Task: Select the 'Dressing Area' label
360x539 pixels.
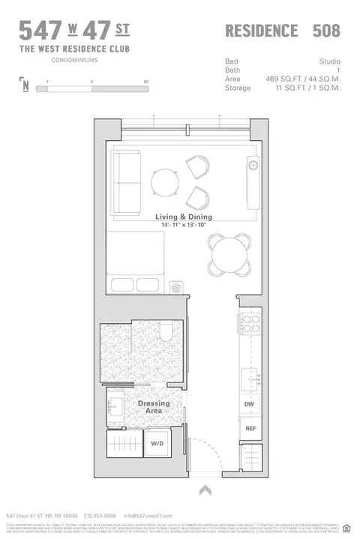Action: tap(154, 407)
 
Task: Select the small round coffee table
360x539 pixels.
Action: tap(163, 181)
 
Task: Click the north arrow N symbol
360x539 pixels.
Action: tap(26, 85)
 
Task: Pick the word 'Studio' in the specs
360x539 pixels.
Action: tap(328, 61)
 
